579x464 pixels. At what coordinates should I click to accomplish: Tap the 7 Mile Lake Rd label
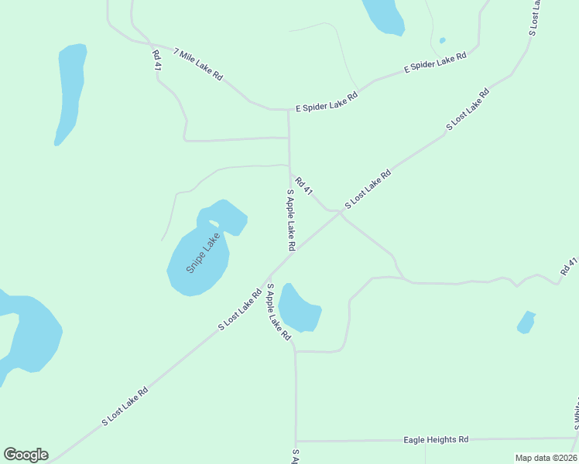tap(198, 65)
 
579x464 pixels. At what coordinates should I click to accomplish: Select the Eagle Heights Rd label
tap(436, 439)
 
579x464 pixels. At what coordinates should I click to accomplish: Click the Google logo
tap(26, 455)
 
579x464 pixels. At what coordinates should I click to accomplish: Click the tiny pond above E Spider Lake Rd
tap(442, 40)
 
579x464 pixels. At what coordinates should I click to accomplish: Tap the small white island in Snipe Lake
tap(214, 224)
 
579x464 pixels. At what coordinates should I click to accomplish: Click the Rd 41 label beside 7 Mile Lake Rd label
tap(156, 61)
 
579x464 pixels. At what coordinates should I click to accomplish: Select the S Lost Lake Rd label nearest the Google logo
tap(124, 407)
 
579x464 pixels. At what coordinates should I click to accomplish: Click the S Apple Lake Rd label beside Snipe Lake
tap(291, 220)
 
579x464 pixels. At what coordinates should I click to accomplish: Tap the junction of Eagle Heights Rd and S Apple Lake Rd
tap(296, 442)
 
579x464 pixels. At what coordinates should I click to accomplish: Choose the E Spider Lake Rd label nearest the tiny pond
tap(436, 63)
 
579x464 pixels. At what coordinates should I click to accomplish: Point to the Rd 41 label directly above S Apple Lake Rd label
tap(303, 186)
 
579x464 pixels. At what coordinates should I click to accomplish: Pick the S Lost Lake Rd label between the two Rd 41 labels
tap(368, 189)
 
